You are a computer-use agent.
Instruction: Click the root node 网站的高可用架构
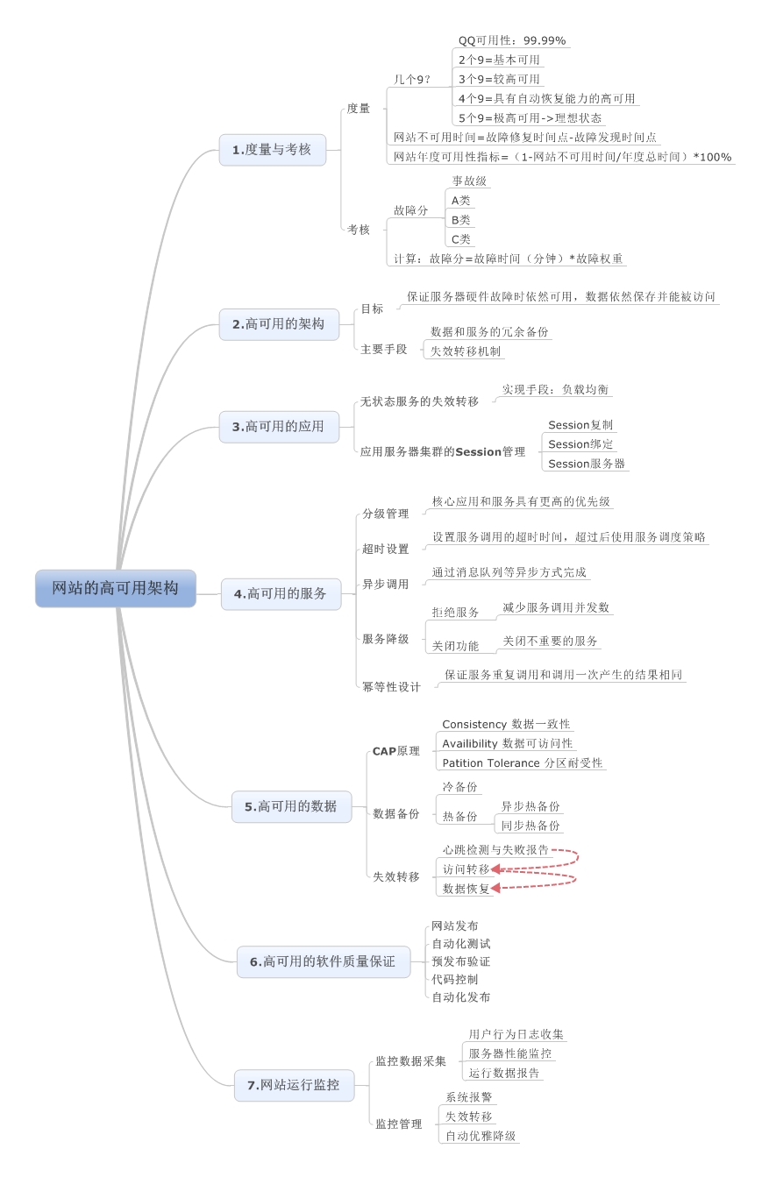[x=115, y=588]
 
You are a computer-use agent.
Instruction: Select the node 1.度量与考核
[x=272, y=150]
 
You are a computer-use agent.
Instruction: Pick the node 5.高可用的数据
[x=290, y=806]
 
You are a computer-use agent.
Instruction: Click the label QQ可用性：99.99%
[x=512, y=40]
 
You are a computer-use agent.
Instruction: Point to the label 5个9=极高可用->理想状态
[x=530, y=117]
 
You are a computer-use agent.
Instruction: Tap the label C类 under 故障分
[x=460, y=238]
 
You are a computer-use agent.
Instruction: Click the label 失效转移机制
[x=466, y=351]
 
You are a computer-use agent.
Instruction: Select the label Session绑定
[x=580, y=444]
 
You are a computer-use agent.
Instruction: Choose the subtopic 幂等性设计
[x=391, y=687]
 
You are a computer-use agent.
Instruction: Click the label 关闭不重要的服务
[x=550, y=642]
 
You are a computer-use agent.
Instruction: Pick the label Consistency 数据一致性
[x=506, y=724]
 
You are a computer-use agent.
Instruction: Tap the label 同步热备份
[x=530, y=826]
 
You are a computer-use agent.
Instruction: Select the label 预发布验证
[x=460, y=961]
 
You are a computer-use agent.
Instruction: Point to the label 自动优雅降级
[x=481, y=1136]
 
